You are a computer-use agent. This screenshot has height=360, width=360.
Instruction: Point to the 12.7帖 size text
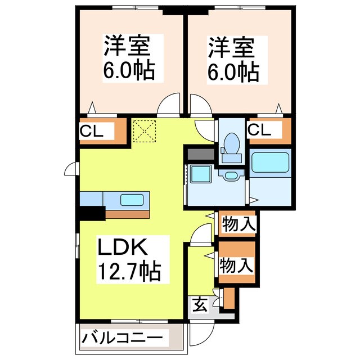pos(130,272)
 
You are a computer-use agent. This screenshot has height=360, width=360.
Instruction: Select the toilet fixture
pos(231,143)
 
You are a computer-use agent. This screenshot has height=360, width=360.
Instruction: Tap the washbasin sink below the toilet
pos(231,175)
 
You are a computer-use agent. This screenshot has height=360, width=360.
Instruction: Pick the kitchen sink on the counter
pos(132,199)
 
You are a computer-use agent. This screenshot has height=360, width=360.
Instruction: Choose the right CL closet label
pos(259,130)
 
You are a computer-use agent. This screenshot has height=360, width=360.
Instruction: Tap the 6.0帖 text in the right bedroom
pos(235,71)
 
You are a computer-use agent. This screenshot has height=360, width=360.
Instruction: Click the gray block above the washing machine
pos(199,154)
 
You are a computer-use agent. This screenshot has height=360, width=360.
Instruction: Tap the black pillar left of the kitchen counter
pos(92,212)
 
